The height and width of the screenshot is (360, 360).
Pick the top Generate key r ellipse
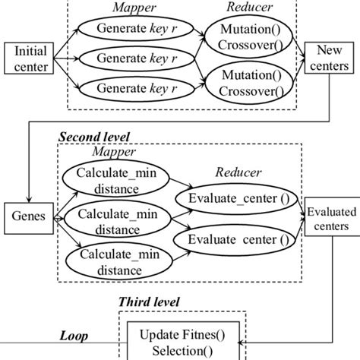point(135,30)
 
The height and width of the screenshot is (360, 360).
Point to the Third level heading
point(149,302)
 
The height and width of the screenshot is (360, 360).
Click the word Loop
point(74,334)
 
